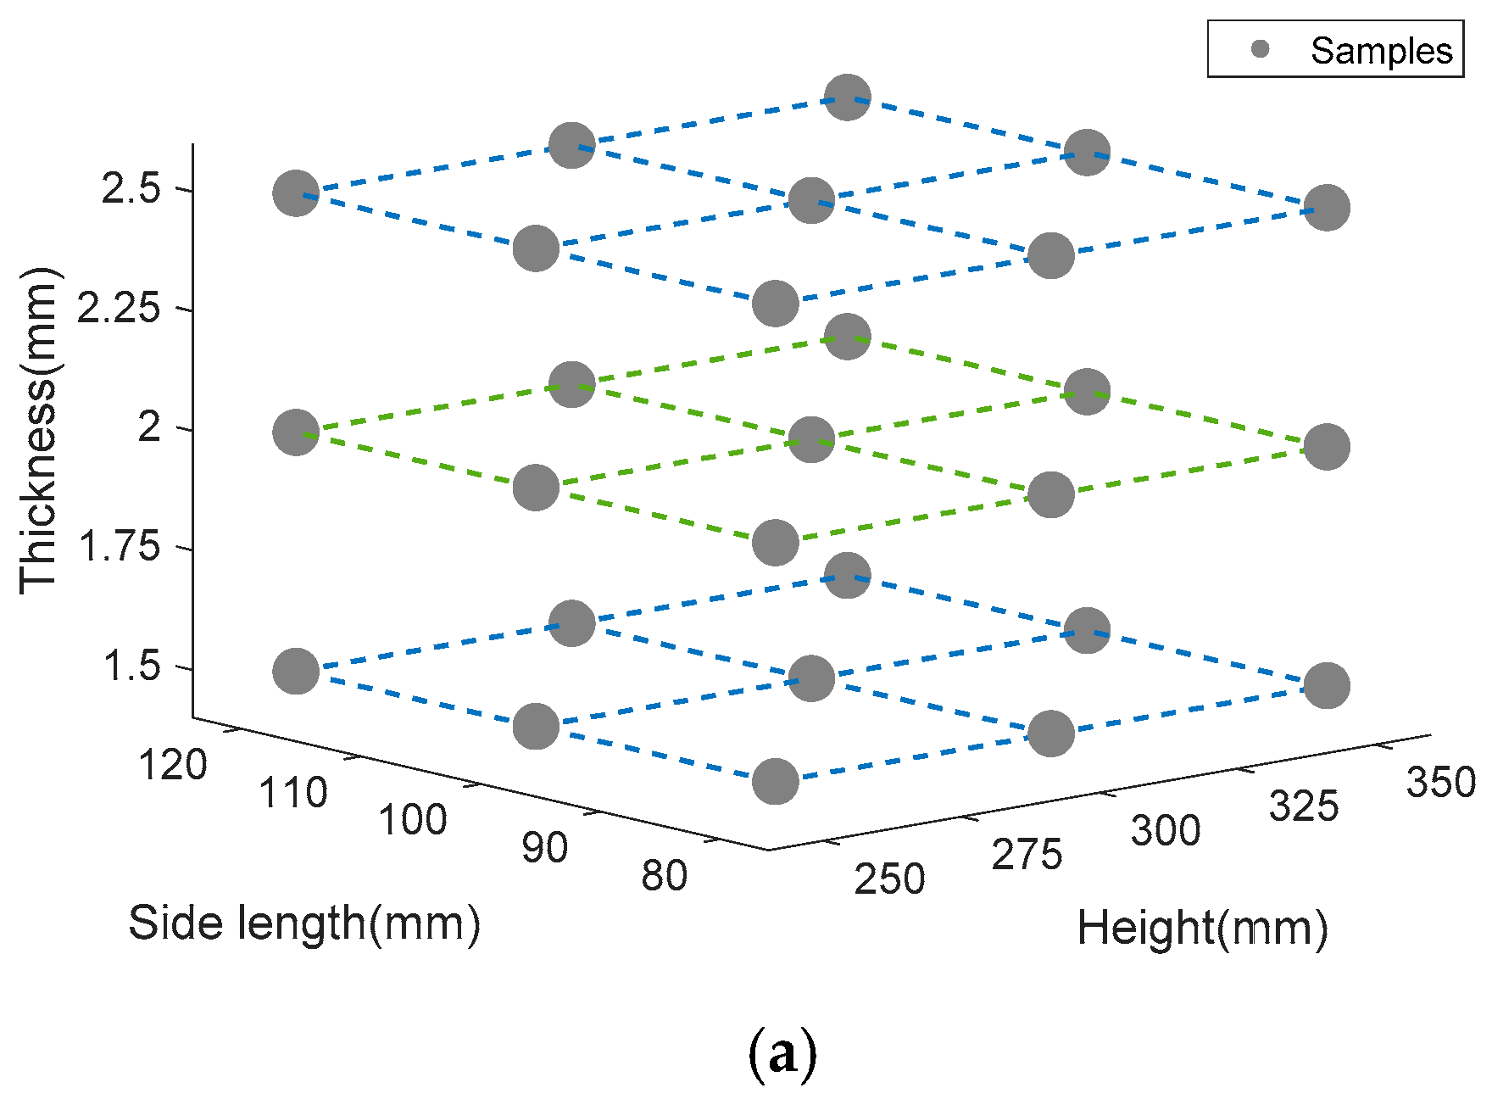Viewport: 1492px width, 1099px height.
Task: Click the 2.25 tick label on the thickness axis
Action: coord(118,308)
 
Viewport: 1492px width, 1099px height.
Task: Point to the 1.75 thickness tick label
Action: coord(118,547)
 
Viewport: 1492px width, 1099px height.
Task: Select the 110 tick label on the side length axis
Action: coord(293,794)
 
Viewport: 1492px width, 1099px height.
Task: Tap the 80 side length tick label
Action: coord(664,876)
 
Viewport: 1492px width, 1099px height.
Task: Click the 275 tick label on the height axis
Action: coord(1027,855)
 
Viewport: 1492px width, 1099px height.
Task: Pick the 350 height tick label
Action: coord(1441,782)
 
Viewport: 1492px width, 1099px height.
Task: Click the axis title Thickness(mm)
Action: coord(39,431)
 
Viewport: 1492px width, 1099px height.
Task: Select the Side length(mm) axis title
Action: coord(304,923)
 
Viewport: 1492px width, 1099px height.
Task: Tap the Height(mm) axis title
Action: coord(1202,928)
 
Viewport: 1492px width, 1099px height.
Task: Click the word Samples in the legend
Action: coord(1382,51)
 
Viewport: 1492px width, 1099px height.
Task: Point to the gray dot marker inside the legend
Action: coord(1261,49)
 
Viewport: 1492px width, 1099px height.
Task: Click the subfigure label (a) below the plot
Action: coord(782,1054)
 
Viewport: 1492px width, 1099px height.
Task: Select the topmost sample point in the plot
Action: coord(847,97)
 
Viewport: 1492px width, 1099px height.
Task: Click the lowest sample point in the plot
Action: coord(776,781)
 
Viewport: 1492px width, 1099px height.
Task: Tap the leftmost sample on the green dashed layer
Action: coord(296,432)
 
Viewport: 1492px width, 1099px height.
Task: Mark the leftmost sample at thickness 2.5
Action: coord(296,192)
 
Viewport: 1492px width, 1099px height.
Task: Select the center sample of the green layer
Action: coord(811,439)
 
